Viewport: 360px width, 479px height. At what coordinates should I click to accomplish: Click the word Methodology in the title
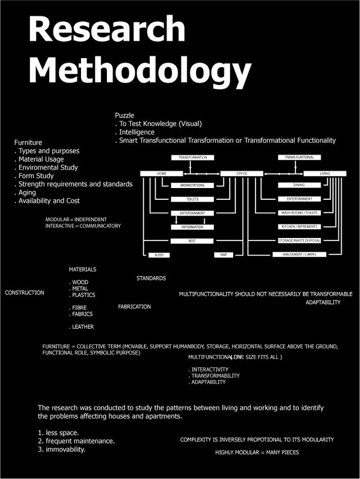(x=140, y=72)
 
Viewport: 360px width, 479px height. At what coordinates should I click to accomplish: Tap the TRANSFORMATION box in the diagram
(x=193, y=158)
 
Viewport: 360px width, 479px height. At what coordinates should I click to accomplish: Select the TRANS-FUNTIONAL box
(x=299, y=158)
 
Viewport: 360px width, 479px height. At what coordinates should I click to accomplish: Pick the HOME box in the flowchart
(x=162, y=173)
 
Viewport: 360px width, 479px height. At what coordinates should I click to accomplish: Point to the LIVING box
(x=325, y=173)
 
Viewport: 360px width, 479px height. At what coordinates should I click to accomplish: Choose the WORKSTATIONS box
(x=192, y=185)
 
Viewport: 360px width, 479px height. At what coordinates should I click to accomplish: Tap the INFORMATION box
(x=192, y=227)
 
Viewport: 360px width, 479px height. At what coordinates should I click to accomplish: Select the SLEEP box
(x=159, y=254)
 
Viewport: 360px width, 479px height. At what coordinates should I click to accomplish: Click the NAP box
(x=223, y=254)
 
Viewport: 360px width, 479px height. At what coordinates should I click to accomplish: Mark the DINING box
(x=299, y=185)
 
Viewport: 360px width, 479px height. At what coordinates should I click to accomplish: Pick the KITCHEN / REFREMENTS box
(x=299, y=226)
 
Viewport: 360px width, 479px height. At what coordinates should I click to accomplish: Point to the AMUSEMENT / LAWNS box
(x=299, y=254)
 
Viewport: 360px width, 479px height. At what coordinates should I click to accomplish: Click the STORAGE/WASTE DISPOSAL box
(x=299, y=240)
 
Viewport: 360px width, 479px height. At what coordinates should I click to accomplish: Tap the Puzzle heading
(x=125, y=115)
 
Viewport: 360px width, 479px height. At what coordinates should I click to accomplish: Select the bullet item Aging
(x=27, y=192)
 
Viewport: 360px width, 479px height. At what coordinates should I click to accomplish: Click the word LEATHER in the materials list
(x=83, y=327)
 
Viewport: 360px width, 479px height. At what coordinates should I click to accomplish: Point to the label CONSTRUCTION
(x=24, y=292)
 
